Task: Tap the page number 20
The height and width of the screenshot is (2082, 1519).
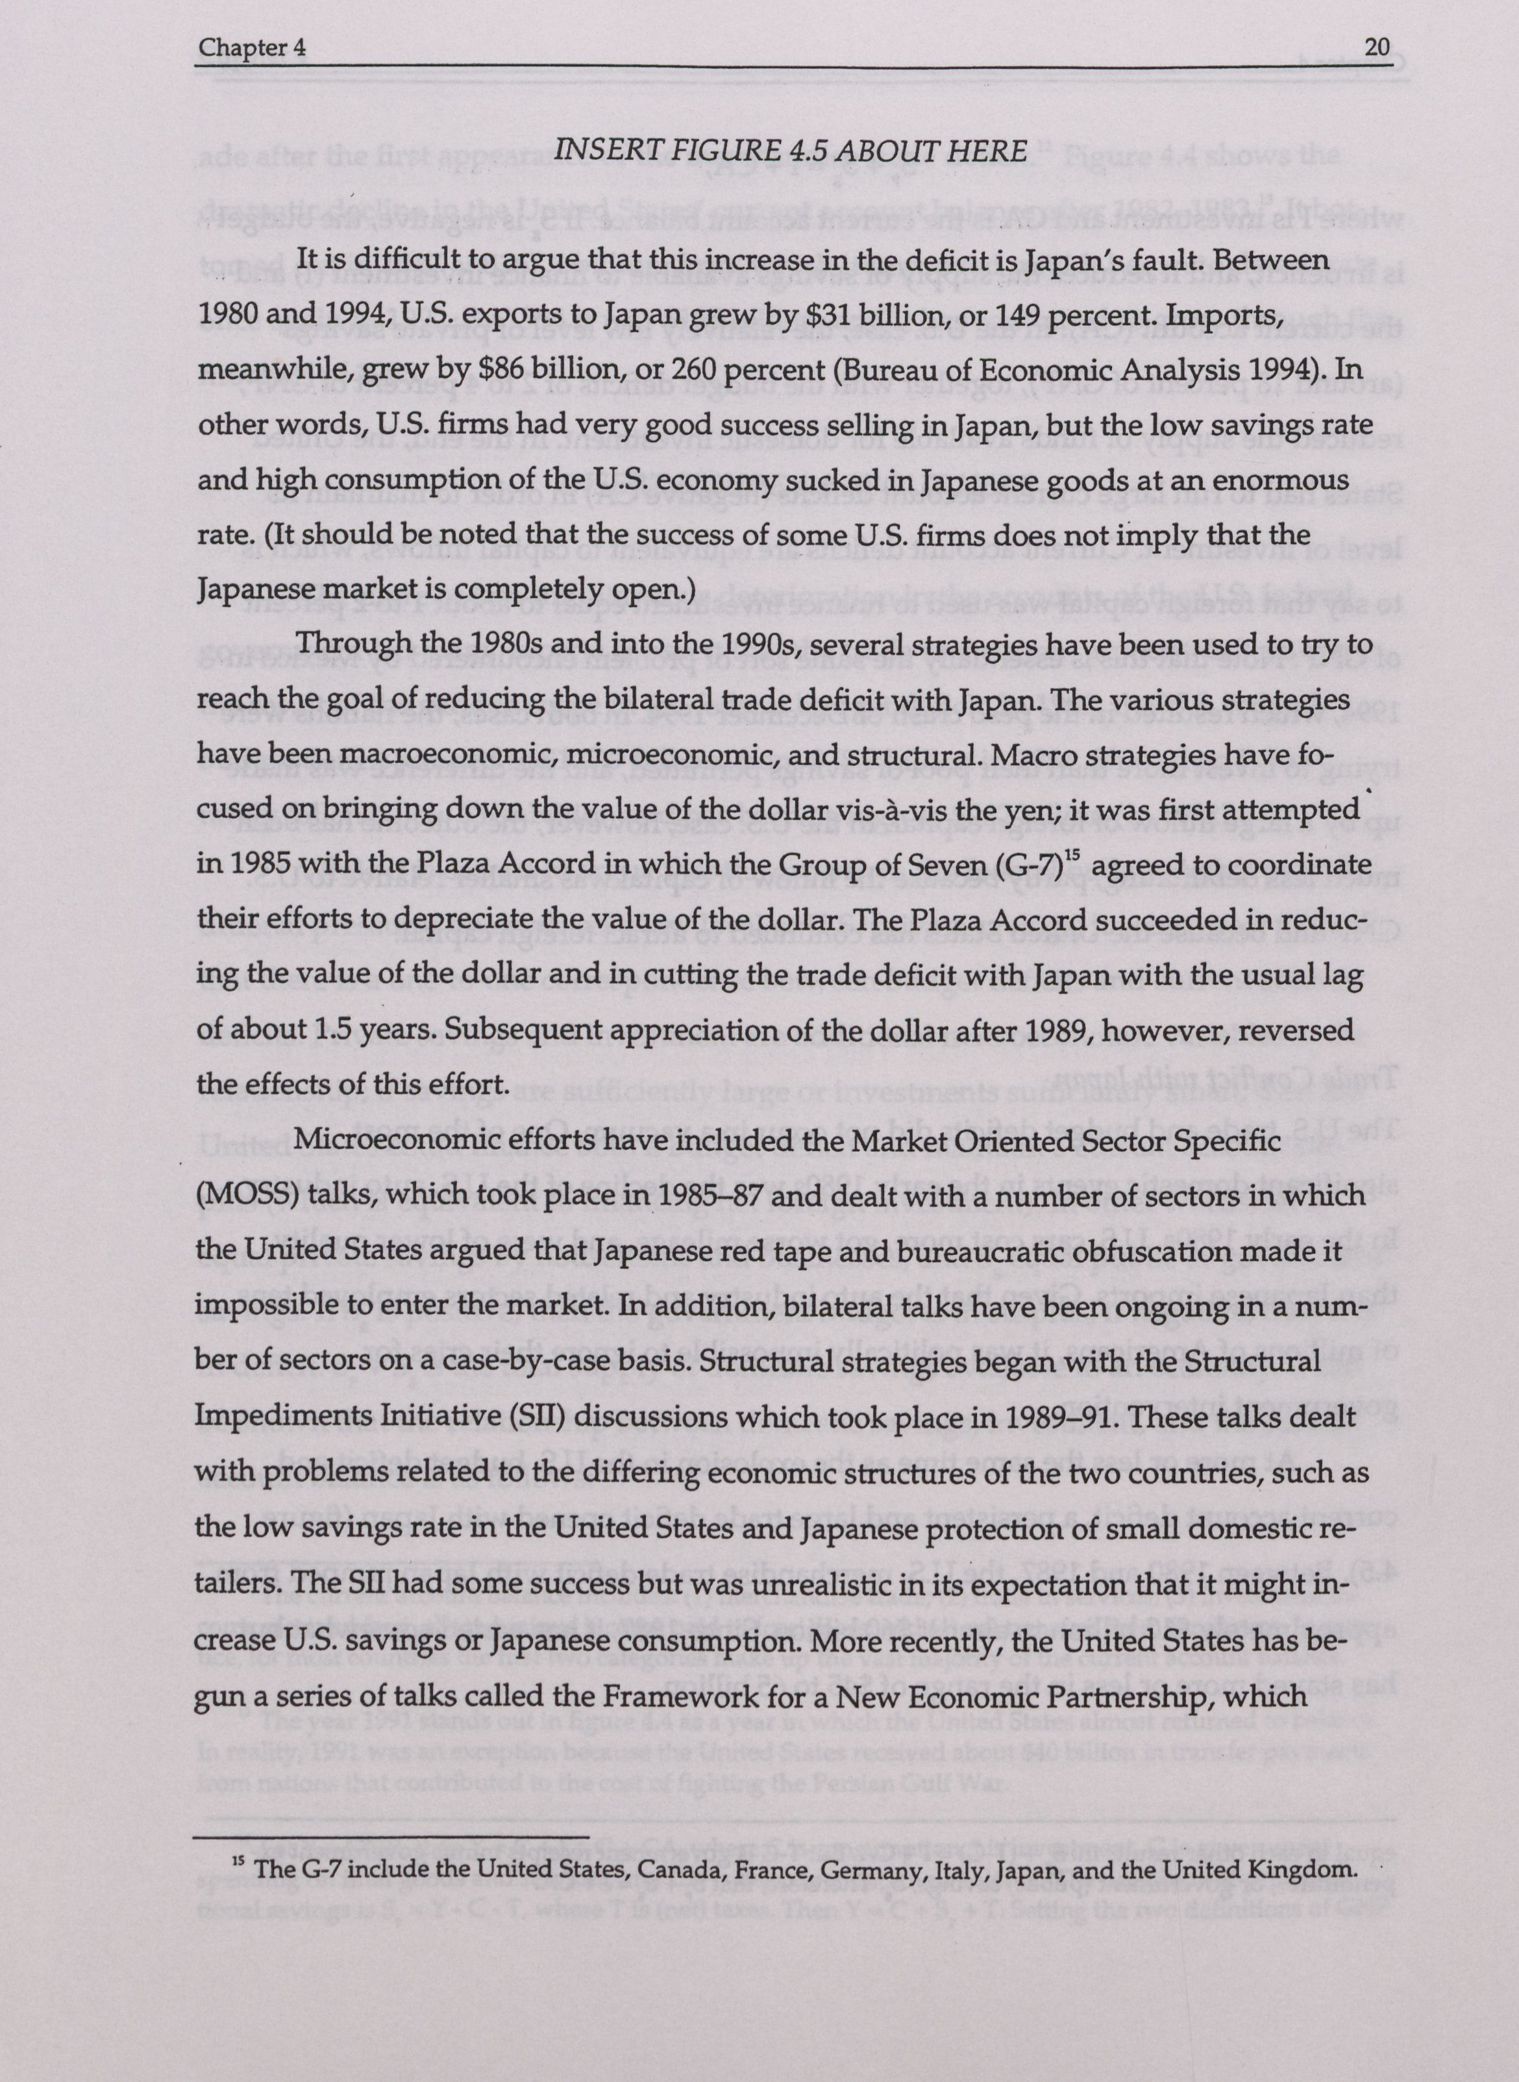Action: pyautogui.click(x=1376, y=48)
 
